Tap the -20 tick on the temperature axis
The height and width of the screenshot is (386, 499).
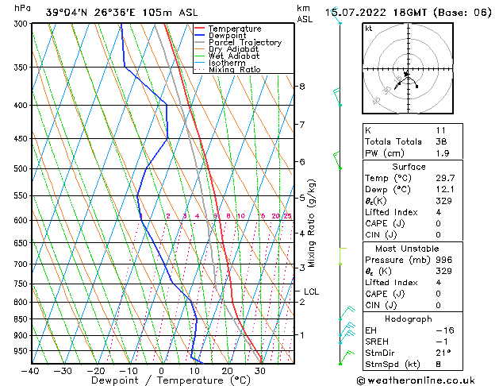pyautogui.click(x=96, y=371)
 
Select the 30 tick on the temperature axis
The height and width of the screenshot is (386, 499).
pyautogui.click(x=259, y=371)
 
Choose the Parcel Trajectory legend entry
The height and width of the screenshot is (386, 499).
pyautogui.click(x=244, y=43)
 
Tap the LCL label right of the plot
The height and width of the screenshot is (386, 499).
pyautogui.click(x=311, y=291)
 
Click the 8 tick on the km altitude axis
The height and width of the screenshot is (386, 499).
pyautogui.click(x=301, y=86)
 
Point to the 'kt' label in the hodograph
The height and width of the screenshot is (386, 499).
pyautogui.click(x=368, y=28)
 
